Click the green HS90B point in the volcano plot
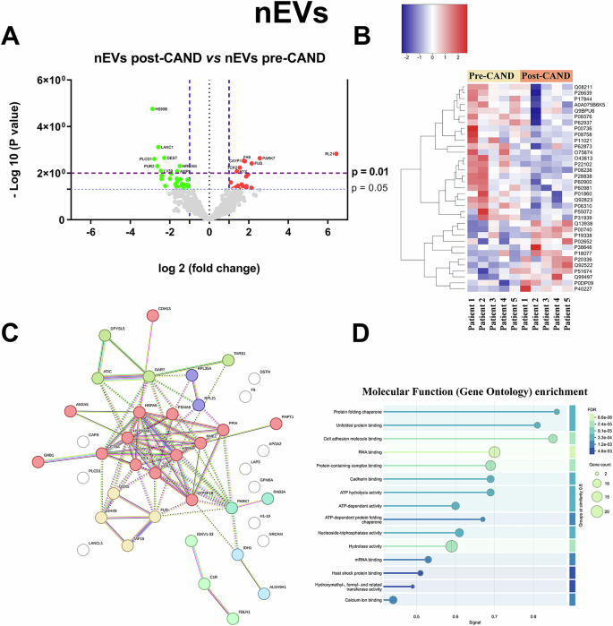click(x=152, y=109)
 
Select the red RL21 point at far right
click(x=336, y=154)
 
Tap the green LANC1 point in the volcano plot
click(x=158, y=147)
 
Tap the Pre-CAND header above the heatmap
click(x=493, y=77)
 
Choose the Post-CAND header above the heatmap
click(x=544, y=77)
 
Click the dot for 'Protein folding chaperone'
click(x=557, y=411)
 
